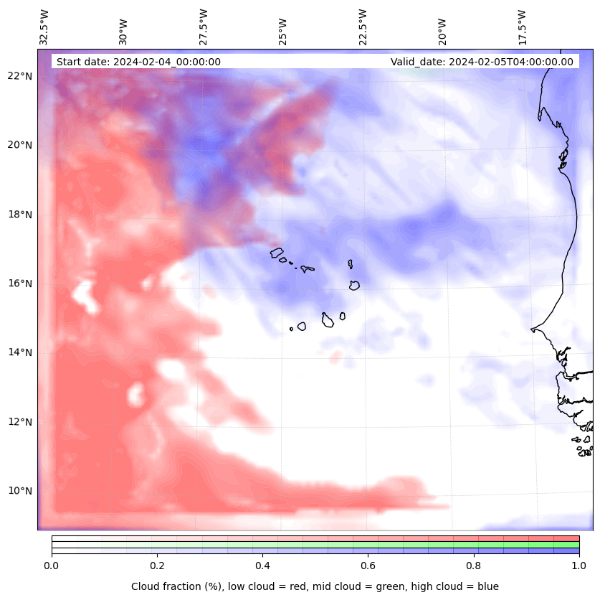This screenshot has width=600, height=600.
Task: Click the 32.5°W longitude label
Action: (45, 27)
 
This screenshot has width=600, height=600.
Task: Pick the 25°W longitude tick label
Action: (283, 32)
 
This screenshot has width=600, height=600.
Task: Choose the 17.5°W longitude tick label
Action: (521, 27)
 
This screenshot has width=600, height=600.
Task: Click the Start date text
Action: (138, 62)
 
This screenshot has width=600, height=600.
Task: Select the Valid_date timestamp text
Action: (482, 62)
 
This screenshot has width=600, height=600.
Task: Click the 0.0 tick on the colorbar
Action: (52, 566)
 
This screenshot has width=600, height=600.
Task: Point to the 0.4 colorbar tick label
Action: (262, 566)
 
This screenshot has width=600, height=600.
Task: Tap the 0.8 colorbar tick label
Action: (474, 566)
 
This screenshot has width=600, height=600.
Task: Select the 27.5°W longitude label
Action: (204, 27)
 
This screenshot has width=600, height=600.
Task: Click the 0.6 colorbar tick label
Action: (368, 566)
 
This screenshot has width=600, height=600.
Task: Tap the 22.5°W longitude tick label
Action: (362, 27)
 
